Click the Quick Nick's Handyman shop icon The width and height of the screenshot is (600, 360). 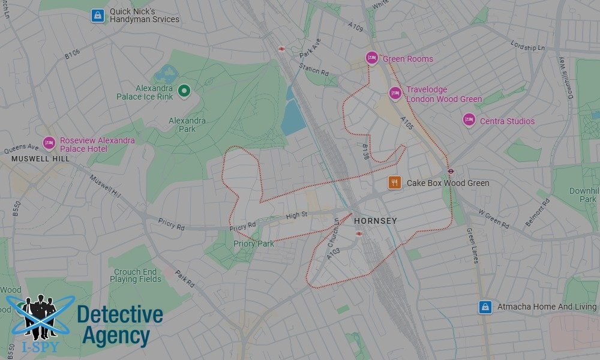(97, 16)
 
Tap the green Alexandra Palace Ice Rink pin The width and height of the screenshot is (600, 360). (184, 91)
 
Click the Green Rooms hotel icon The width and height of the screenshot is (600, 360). (371, 58)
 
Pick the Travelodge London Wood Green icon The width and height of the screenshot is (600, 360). (395, 94)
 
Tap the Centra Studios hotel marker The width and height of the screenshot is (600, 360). (469, 121)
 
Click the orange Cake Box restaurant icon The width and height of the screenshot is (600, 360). (394, 182)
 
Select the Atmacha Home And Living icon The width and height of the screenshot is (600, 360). (485, 307)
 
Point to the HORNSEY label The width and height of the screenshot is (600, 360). (375, 221)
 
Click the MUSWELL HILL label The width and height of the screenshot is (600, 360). (40, 159)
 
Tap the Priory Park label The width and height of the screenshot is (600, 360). (253, 244)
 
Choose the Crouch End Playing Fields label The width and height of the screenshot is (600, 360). (136, 275)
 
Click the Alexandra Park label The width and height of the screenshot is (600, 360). (187, 124)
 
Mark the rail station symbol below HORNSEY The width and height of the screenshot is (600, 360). (359, 233)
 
